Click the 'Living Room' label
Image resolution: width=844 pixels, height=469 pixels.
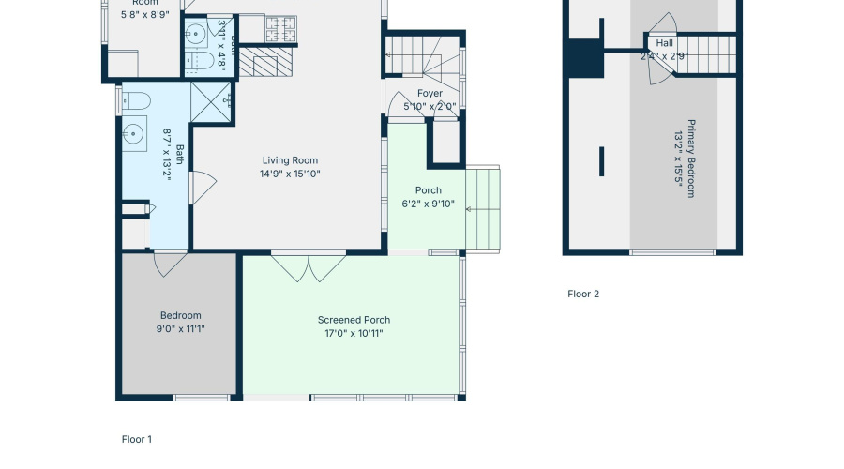291,160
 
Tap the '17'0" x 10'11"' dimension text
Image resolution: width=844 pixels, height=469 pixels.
354,333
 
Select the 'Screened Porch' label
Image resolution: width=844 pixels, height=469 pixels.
354,320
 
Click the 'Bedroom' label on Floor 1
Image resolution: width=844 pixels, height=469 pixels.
180,315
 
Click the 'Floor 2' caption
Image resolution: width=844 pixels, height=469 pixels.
582,294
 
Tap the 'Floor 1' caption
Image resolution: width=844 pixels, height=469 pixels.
137,439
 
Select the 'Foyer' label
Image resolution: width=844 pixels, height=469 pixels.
430,94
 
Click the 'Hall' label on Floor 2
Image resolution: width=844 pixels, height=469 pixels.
664,43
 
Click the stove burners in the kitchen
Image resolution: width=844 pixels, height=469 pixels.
279,30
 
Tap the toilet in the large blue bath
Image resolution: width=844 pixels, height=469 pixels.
136,101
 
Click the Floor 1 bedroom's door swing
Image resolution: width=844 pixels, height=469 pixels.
170,264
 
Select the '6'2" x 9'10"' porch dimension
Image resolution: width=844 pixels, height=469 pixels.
428,204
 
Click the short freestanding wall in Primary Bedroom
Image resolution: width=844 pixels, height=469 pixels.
601,160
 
